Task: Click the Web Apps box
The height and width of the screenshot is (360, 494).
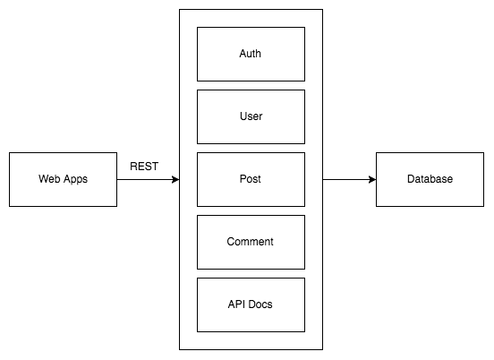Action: (x=63, y=179)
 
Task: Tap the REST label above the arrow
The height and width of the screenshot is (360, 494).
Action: (x=145, y=166)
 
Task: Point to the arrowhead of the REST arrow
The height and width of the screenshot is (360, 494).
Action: (x=175, y=179)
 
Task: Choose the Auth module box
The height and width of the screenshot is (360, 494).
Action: (x=251, y=54)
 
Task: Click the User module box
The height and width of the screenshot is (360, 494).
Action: (x=251, y=116)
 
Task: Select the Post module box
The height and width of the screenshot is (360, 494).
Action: (x=251, y=179)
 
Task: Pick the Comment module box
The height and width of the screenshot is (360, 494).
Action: (x=251, y=242)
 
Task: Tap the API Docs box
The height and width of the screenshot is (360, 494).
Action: (x=251, y=304)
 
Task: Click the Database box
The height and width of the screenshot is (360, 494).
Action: (x=430, y=179)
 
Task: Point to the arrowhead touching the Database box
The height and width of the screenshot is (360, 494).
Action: (x=372, y=179)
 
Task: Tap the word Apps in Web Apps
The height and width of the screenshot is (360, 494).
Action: (x=74, y=179)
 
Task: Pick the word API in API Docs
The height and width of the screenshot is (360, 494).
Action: (x=236, y=304)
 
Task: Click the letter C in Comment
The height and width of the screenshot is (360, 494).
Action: (x=231, y=242)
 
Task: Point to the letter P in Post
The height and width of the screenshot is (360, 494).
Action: (x=242, y=179)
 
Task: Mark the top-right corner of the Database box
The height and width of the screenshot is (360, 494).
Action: (x=483, y=152)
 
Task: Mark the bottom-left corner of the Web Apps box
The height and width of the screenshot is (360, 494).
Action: (x=9, y=206)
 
